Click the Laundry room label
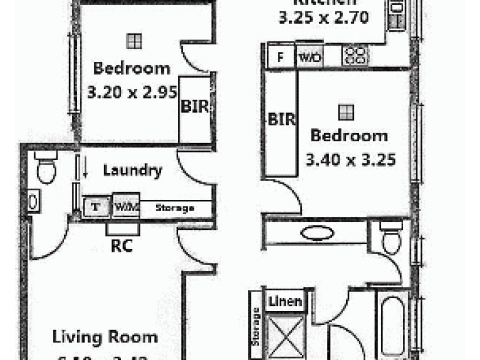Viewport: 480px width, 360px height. (132, 170)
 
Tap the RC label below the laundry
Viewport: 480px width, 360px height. (122, 245)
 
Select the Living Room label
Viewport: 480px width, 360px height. (105, 337)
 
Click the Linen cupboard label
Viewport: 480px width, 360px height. (285, 301)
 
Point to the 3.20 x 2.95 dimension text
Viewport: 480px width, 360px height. (132, 92)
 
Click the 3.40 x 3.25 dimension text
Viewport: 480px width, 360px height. (350, 160)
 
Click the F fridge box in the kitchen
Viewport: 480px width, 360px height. (280, 58)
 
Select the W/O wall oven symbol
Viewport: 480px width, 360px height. (309, 58)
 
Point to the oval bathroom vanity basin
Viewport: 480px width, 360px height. (318, 232)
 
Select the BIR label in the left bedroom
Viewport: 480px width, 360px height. (195, 108)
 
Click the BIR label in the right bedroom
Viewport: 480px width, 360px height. (282, 119)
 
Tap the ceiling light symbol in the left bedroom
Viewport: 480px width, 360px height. (134, 41)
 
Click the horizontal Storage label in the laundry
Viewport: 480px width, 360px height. (175, 208)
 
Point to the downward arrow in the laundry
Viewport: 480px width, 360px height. (86, 167)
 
